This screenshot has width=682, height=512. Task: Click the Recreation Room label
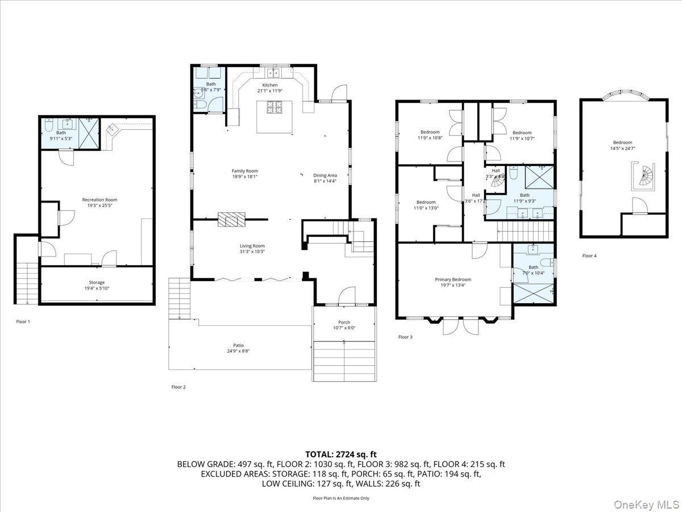tap(99, 200)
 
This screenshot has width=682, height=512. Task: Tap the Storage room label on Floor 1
tap(97, 282)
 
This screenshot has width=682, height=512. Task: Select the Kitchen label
tap(270, 85)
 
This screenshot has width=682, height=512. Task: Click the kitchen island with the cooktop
tap(275, 116)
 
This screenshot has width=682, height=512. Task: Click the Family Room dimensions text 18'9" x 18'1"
tap(244, 177)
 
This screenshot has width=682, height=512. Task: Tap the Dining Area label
tap(325, 175)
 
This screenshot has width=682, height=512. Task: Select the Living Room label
tap(252, 246)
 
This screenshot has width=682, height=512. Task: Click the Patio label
tap(238, 345)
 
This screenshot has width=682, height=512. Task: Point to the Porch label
tap(344, 322)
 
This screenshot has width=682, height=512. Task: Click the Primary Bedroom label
tap(453, 279)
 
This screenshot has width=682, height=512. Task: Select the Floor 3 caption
tap(405, 337)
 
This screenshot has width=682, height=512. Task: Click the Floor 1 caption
tap(23, 321)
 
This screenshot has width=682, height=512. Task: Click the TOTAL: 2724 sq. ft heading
tap(341, 454)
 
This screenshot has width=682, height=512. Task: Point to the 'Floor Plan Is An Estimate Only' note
tap(341, 498)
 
